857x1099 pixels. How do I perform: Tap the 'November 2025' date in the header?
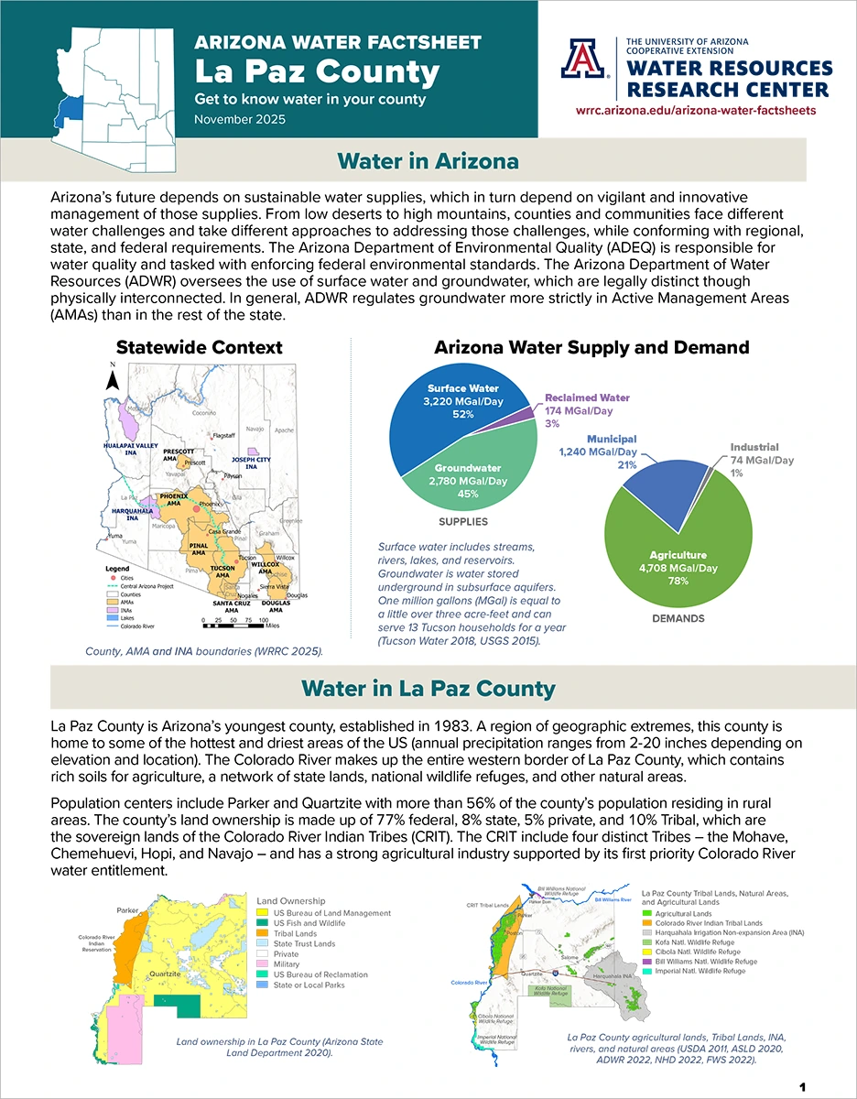tap(239, 119)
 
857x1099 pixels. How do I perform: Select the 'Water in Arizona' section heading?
tap(428, 161)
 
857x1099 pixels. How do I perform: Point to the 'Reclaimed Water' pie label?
tap(588, 398)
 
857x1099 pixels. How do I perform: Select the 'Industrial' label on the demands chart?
tap(754, 448)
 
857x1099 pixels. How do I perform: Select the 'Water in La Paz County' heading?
tap(428, 688)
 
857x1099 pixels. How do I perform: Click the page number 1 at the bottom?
tap(802, 1086)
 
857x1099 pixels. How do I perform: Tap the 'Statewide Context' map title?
tap(199, 348)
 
